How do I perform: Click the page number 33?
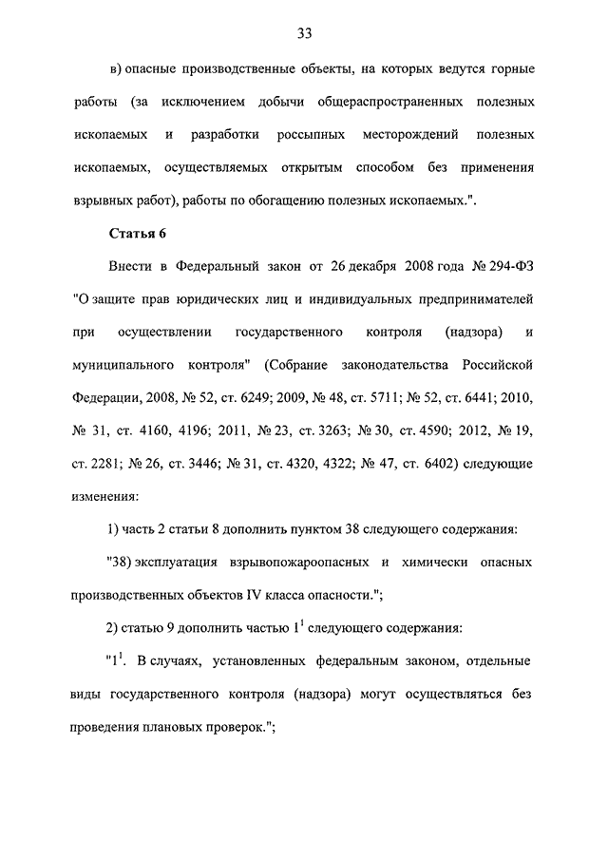pyautogui.click(x=304, y=34)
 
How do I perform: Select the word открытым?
pyautogui.click(x=312, y=167)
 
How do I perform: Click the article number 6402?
pyautogui.click(x=412, y=464)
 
